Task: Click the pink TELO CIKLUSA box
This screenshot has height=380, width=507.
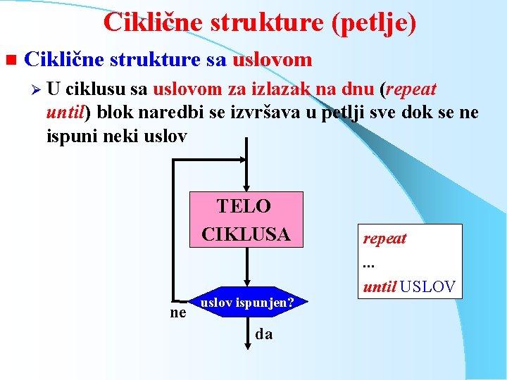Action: click(246, 219)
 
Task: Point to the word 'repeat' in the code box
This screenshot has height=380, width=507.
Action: click(384, 238)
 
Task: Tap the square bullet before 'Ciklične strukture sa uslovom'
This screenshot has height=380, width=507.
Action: click(9, 61)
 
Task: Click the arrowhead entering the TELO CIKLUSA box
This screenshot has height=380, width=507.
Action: click(246, 186)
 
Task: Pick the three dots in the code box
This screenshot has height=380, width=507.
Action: click(367, 264)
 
